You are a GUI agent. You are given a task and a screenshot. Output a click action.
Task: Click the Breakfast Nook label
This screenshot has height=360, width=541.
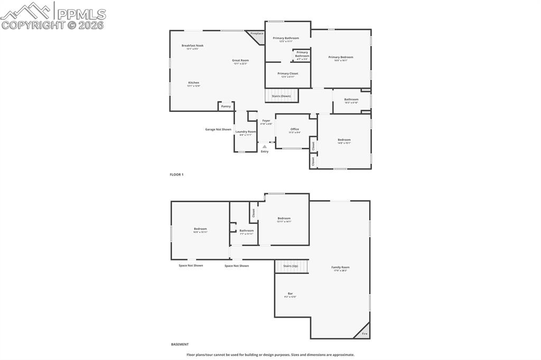(x=192, y=45)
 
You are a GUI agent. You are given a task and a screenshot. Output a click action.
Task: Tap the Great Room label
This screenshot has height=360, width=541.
(x=240, y=60)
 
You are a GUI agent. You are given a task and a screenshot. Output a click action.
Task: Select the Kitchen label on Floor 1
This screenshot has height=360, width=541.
(x=194, y=82)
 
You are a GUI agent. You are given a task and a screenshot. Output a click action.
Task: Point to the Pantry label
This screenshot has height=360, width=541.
(x=226, y=106)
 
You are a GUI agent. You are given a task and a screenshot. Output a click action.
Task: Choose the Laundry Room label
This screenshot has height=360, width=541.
(x=246, y=131)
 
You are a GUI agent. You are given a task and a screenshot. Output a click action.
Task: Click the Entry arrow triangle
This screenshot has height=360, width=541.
(x=265, y=147)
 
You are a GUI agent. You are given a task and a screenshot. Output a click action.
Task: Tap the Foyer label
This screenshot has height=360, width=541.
(x=266, y=120)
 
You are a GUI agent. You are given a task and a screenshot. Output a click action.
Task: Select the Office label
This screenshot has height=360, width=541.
(x=294, y=129)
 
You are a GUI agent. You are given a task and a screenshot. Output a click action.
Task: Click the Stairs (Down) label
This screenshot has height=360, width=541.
(x=281, y=96)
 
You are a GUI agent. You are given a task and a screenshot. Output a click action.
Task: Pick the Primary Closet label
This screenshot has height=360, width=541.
(x=287, y=73)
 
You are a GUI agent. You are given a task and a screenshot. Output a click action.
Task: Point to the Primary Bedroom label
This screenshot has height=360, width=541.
(x=340, y=57)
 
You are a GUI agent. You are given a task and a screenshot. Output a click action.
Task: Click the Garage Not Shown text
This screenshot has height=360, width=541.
(x=218, y=129)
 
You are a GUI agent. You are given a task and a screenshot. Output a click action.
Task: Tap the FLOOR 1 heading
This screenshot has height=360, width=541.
(x=176, y=174)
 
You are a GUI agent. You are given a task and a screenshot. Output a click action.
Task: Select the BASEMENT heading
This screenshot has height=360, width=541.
(x=180, y=344)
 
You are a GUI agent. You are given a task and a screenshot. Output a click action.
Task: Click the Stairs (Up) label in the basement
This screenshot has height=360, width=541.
(x=291, y=266)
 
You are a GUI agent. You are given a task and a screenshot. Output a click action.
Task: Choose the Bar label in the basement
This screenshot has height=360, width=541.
(x=290, y=293)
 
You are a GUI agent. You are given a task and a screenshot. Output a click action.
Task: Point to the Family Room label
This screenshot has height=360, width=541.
(x=340, y=267)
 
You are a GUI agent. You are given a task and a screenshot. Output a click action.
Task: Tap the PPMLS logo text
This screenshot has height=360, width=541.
(x=81, y=14)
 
